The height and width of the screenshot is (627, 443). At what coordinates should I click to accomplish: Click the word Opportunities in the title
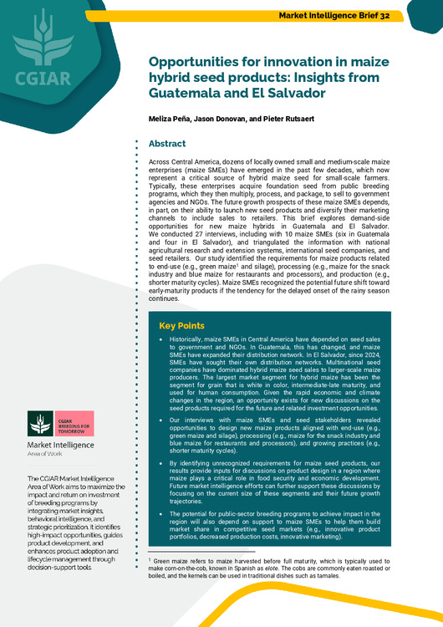196,63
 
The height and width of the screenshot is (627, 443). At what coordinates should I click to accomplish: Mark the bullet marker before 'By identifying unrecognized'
161,461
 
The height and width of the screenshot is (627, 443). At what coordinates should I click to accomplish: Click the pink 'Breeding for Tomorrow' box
75,423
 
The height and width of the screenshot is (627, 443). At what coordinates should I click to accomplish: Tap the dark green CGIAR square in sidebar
41,423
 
